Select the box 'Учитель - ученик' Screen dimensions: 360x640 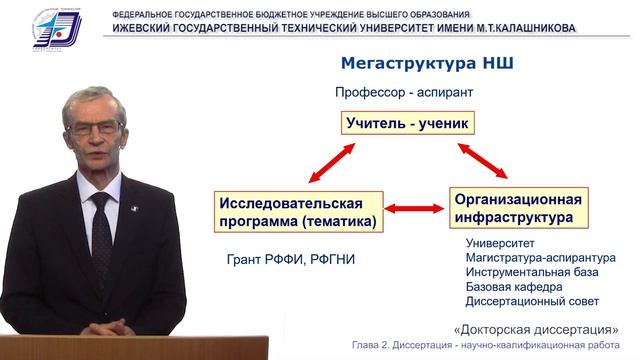[x=406, y=124]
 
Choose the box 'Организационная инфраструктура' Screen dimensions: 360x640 [x=516, y=205]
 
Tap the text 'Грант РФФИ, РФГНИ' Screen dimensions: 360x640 [x=292, y=261]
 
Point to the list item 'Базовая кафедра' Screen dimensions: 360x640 [x=509, y=287]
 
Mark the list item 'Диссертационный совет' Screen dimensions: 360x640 [x=532, y=301]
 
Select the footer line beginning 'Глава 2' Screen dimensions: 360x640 [x=484, y=347]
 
